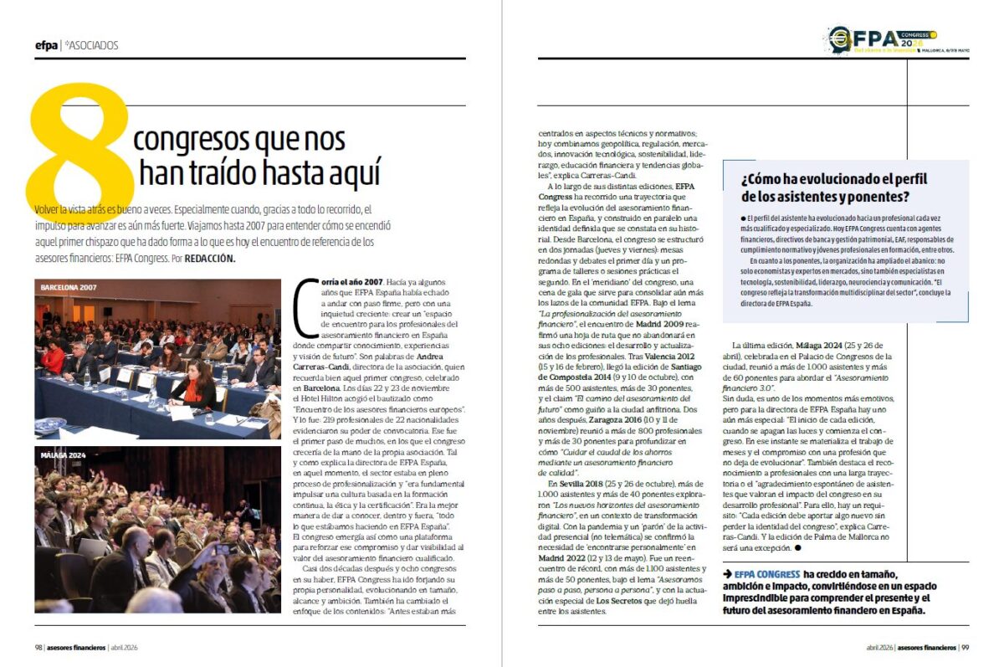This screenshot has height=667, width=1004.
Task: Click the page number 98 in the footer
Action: click(x=38, y=647)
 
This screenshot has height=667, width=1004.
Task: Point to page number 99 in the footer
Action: click(x=965, y=647)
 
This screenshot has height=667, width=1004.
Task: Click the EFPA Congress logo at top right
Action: click(x=884, y=39)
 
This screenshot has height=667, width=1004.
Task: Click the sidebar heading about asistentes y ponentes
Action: click(x=834, y=187)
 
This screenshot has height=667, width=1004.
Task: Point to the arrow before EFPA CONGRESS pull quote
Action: click(x=727, y=574)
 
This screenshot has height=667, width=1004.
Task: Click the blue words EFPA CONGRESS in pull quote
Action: click(x=766, y=574)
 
